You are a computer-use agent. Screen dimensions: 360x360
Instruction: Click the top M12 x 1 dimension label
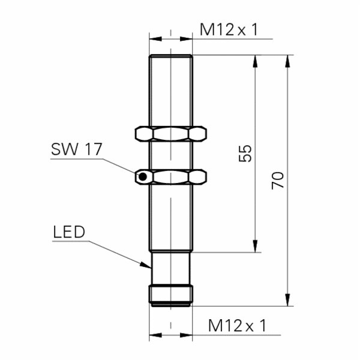(229, 30)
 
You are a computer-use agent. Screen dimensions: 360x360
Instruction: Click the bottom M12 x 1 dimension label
(238, 326)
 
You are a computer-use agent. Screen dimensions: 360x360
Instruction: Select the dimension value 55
(245, 154)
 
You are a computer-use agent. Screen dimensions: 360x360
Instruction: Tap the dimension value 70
(278, 181)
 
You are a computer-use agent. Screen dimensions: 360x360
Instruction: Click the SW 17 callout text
(76, 149)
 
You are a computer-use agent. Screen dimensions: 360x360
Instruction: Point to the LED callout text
(69, 232)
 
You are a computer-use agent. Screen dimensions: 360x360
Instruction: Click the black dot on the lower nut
(143, 177)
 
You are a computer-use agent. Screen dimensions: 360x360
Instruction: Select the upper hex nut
(171, 134)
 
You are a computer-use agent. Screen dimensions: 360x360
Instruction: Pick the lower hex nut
(171, 177)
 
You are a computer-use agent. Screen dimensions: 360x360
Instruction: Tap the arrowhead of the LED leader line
(146, 265)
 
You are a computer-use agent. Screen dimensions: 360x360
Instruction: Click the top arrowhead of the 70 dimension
(287, 61)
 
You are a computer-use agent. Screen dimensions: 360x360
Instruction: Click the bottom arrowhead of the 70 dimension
(287, 300)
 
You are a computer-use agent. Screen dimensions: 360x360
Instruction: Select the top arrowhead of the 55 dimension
(255, 61)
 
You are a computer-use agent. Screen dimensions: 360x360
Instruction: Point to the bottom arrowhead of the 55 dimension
(255, 246)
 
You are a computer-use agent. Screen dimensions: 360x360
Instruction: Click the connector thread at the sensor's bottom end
(171, 296)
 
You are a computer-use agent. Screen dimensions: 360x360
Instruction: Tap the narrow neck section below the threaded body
(171, 268)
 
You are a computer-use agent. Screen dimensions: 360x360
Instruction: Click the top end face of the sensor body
(171, 55)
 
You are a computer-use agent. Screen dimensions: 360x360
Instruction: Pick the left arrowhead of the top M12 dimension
(155, 39)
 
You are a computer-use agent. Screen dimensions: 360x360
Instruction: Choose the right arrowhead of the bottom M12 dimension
(186, 335)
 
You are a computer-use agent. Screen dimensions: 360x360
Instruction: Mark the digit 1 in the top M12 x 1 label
(255, 30)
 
